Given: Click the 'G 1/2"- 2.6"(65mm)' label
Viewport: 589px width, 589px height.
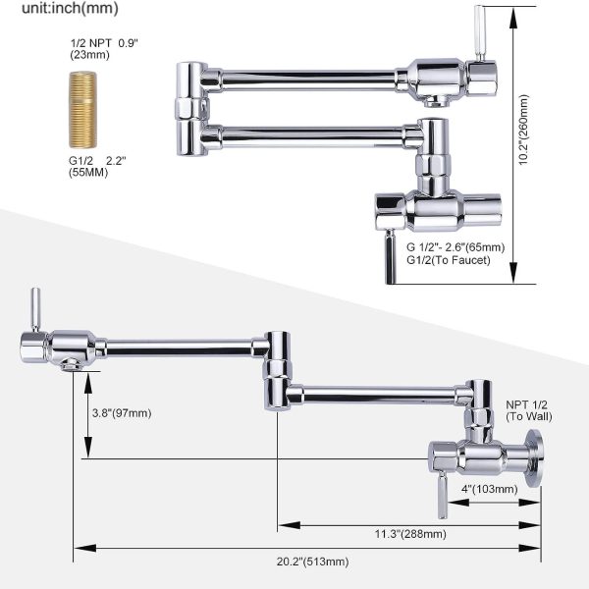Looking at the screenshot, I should [x=456, y=246].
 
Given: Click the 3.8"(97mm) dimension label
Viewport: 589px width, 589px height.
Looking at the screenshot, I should [x=119, y=412].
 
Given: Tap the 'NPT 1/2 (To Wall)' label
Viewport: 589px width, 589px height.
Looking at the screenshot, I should [x=528, y=409].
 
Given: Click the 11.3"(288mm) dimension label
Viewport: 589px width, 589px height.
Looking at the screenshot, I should [x=409, y=534].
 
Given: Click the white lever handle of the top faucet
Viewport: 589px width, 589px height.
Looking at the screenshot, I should [x=481, y=28].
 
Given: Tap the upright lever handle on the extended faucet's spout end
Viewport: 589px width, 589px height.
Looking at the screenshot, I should [x=34, y=308].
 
